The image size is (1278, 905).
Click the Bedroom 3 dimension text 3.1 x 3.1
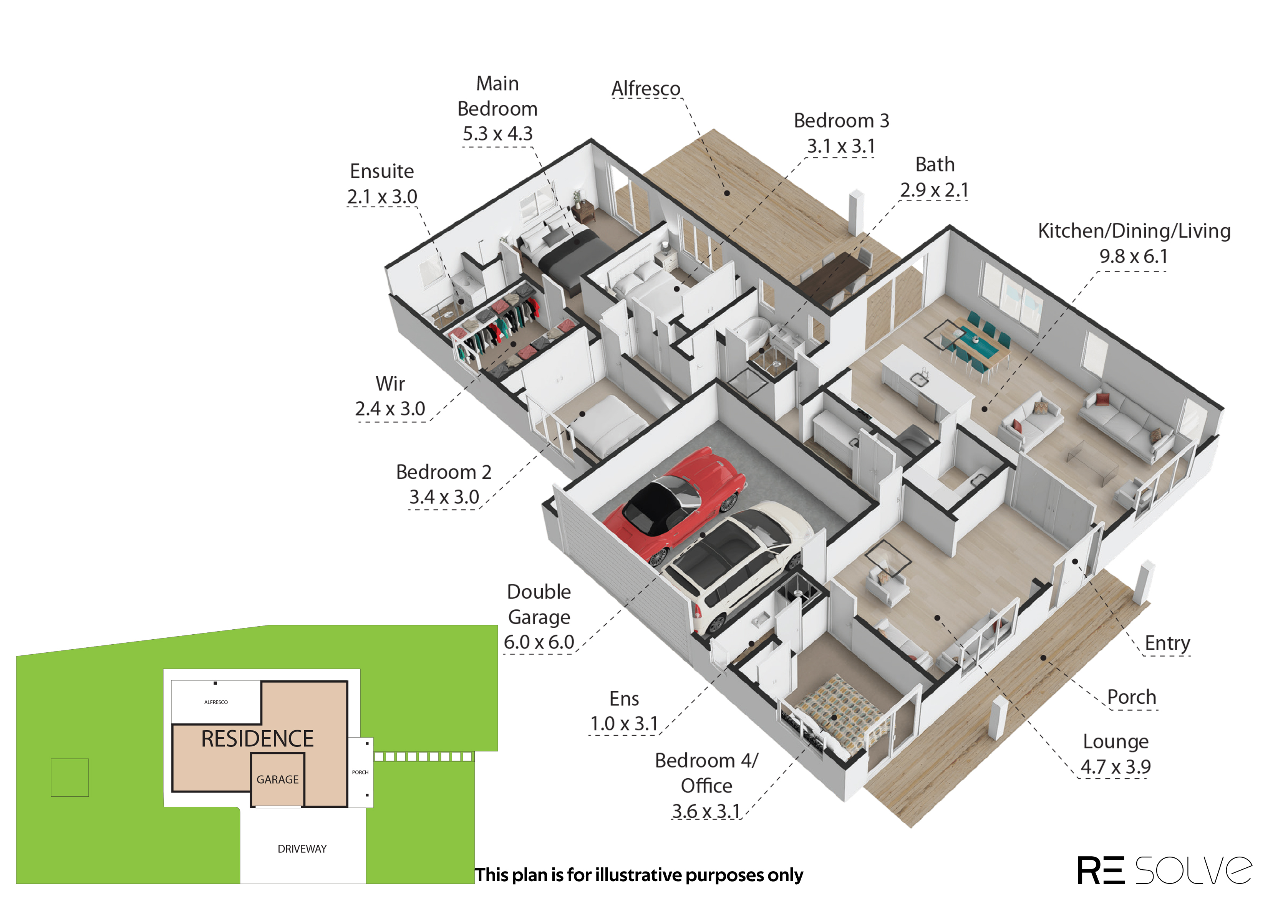pos(841,146)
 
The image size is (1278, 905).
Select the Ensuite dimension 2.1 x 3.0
pos(382,196)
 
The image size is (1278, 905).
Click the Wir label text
pos(390,384)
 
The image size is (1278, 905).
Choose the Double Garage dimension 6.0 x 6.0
pos(539,642)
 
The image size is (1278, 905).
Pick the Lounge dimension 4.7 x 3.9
pos(1115,767)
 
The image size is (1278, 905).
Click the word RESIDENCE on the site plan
pos(257,739)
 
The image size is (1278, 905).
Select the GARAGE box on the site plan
pos(278,779)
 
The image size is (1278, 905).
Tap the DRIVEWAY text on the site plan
pos(302,849)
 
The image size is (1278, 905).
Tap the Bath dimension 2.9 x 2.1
pos(934,190)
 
